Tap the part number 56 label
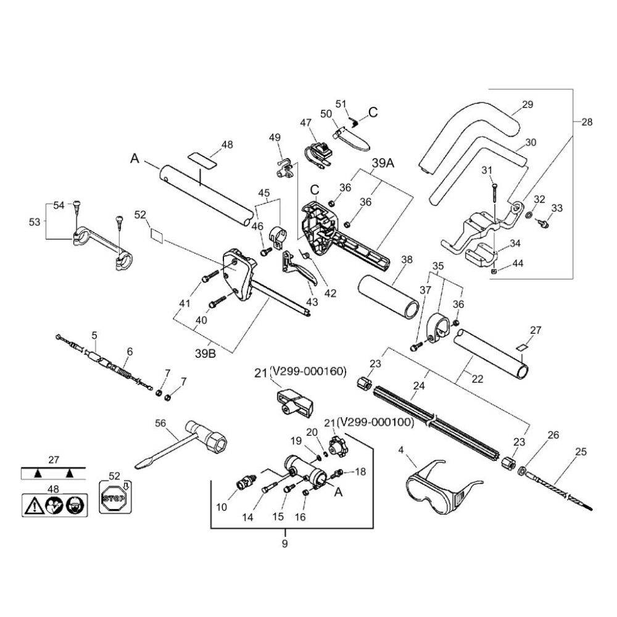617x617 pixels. coord(160,423)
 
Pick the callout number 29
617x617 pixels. coord(527,105)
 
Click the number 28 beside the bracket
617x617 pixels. coord(587,122)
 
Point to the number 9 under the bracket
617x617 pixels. coord(285,544)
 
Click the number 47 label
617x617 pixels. coord(306,123)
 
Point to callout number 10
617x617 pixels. coord(222,507)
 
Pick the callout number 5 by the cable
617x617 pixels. coord(94,336)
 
